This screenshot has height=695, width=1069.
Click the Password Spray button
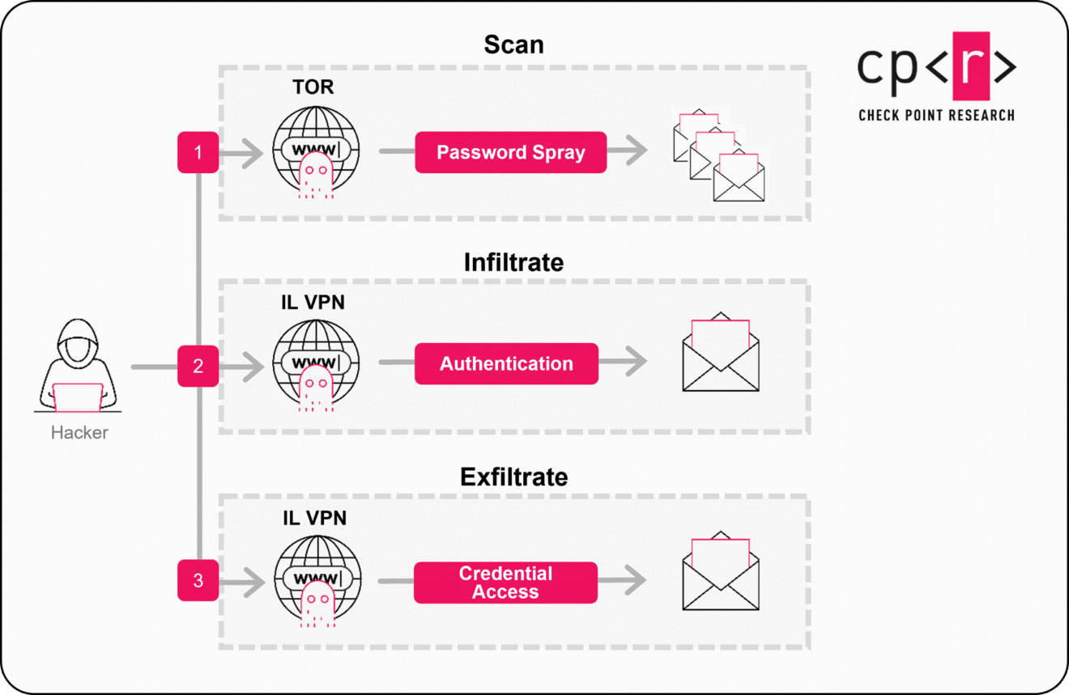pyautogui.click(x=510, y=152)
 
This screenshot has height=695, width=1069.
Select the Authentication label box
pyautogui.click(x=506, y=363)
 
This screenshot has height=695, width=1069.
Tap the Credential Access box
pyautogui.click(x=505, y=583)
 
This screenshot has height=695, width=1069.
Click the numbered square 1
pyautogui.click(x=198, y=152)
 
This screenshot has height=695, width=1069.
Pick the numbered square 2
pyautogui.click(x=198, y=366)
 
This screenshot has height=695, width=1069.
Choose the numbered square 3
pyautogui.click(x=198, y=580)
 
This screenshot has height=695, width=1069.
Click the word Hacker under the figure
pyautogui.click(x=79, y=433)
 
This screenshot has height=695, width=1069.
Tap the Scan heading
pyautogui.click(x=513, y=44)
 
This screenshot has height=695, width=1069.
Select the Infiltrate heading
pyautogui.click(x=513, y=262)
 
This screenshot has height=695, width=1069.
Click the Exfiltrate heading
pyautogui.click(x=513, y=477)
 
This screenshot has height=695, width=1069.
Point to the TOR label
pyautogui.click(x=313, y=87)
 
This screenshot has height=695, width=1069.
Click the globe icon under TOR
pyautogui.click(x=315, y=151)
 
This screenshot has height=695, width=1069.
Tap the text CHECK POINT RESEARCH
pyautogui.click(x=936, y=115)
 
